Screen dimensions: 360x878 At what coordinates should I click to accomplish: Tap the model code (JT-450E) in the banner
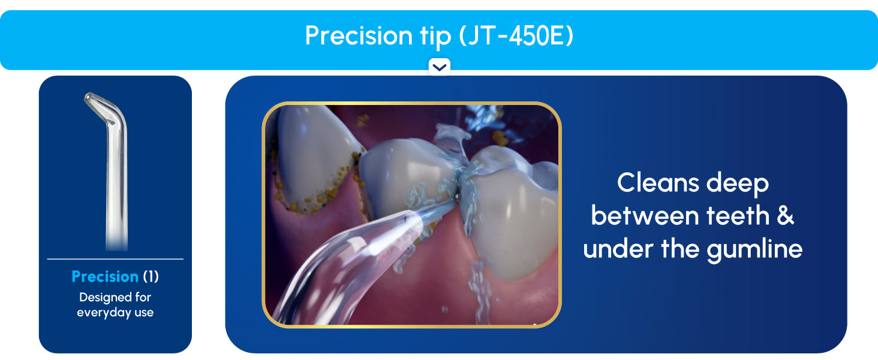click(516, 36)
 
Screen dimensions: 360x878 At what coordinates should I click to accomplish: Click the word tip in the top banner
click(432, 36)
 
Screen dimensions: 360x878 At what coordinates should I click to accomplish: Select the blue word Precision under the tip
click(105, 277)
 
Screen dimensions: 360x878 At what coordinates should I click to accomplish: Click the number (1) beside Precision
click(151, 277)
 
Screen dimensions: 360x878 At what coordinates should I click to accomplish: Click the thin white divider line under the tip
click(115, 259)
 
